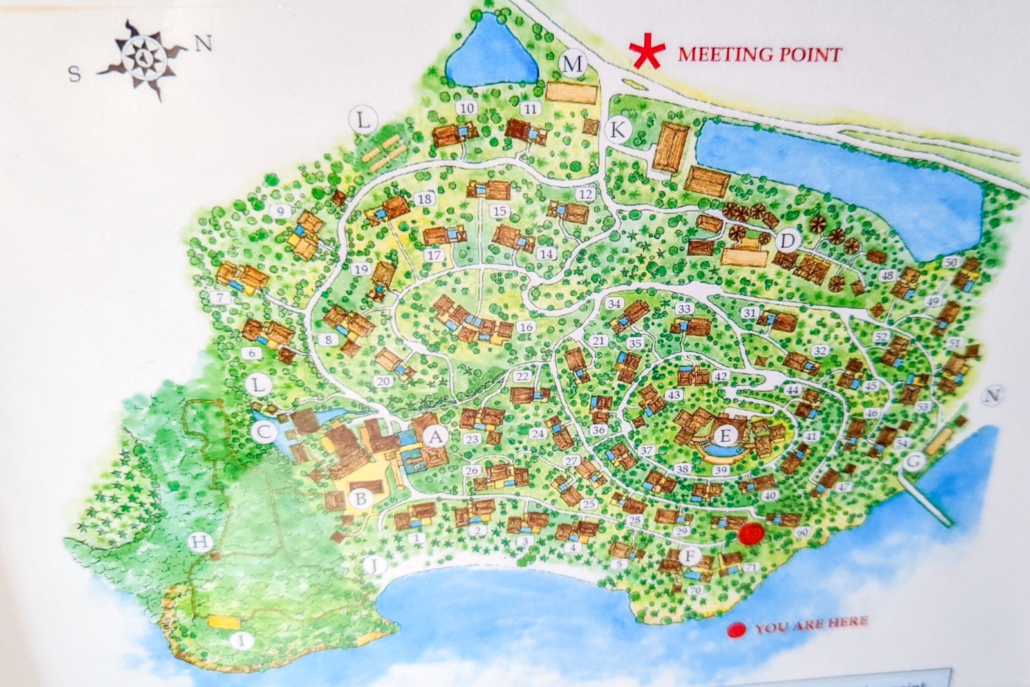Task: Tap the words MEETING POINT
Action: (x=760, y=54)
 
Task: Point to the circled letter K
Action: (x=617, y=130)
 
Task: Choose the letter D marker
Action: (x=787, y=241)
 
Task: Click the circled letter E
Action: (x=726, y=436)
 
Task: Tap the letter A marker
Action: (x=436, y=437)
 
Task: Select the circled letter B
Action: (x=361, y=498)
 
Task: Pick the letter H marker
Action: (x=200, y=543)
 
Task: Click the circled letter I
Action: (x=241, y=640)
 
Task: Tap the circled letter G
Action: (x=913, y=462)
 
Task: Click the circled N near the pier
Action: (x=993, y=396)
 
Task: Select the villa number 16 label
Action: (x=526, y=327)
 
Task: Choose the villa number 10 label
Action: (x=467, y=108)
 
